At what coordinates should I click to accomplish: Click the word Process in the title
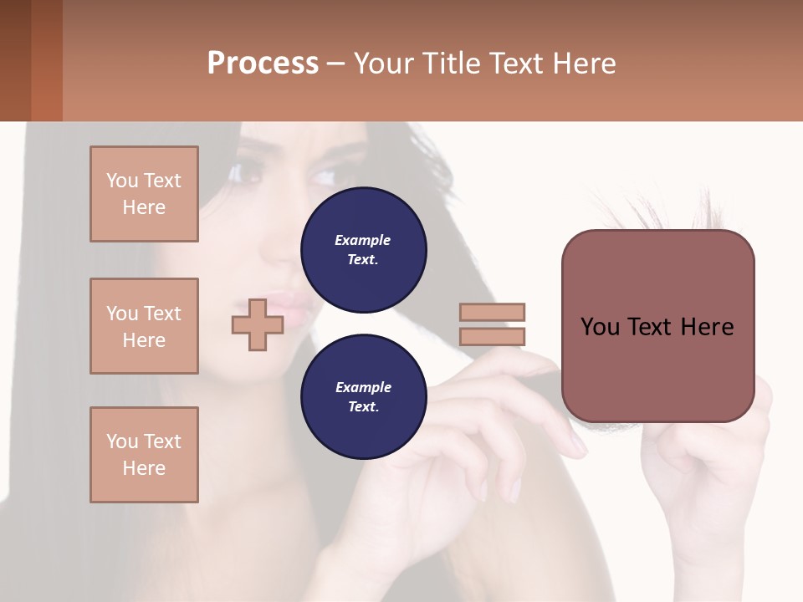(x=263, y=64)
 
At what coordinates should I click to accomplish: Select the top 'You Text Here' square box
(x=144, y=194)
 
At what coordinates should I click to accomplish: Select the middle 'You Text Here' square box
(x=144, y=326)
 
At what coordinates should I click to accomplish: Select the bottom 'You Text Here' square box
(x=144, y=455)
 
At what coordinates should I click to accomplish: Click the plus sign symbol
(x=258, y=324)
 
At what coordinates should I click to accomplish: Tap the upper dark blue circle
(x=364, y=250)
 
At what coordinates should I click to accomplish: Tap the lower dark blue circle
(x=364, y=397)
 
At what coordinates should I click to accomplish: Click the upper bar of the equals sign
(x=492, y=312)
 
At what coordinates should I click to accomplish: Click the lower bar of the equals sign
(x=492, y=336)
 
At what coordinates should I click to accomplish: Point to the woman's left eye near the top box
(x=248, y=173)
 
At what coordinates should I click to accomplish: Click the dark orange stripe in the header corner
(x=46, y=60)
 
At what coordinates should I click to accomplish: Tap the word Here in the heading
(x=584, y=64)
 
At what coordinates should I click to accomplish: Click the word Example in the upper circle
(x=362, y=240)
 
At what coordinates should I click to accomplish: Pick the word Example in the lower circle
(x=363, y=387)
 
